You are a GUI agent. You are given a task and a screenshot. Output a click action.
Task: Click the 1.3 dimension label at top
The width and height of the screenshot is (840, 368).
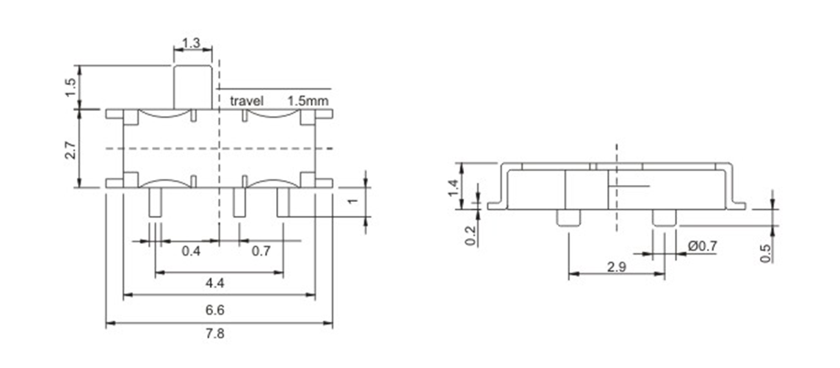tap(192, 43)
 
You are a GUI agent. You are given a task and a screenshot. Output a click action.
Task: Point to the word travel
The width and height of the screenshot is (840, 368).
tap(247, 101)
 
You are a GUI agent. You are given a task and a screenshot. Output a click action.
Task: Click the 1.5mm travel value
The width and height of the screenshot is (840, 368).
tap(308, 101)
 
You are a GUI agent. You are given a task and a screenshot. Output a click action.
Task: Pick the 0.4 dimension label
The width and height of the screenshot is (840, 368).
tap(191, 251)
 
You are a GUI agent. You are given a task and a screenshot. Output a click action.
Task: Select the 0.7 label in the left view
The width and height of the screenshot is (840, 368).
tap(261, 251)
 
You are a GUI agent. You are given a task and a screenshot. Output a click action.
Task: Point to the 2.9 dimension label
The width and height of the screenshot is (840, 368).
tap(616, 268)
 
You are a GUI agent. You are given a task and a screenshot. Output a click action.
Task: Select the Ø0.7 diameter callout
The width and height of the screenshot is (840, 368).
tap(703, 247)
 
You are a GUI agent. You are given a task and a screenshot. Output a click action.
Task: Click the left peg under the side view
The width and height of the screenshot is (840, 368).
tap(568, 218)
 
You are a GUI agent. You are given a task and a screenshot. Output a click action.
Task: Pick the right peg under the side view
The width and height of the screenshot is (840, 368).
tap(664, 218)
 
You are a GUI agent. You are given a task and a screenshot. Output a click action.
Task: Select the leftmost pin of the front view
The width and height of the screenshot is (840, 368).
tap(155, 202)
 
